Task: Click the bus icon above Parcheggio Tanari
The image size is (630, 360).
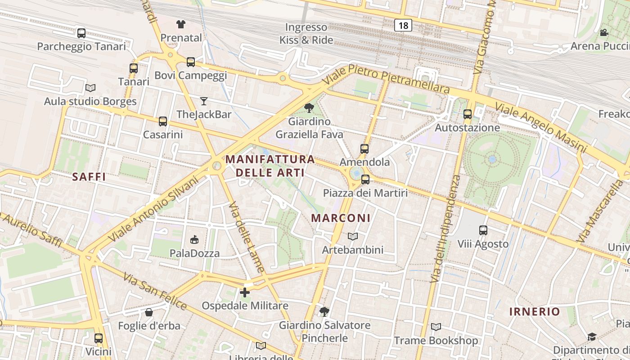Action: pos(81,33)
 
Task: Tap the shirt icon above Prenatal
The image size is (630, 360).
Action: pos(181,24)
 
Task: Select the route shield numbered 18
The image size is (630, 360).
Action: pos(403,25)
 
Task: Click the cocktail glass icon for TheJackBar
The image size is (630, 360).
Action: pos(204,101)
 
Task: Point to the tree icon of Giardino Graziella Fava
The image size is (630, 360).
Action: pos(309,108)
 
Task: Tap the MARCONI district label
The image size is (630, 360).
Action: pos(341,218)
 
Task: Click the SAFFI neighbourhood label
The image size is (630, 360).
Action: pos(89,177)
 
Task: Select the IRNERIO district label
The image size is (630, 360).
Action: pos(535,311)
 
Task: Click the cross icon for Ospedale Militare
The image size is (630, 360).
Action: pos(245,292)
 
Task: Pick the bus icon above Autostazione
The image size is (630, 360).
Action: pos(468,114)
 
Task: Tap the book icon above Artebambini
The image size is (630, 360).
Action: pos(353,236)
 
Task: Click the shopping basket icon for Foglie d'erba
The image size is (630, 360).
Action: pos(149,312)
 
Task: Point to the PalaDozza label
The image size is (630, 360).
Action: pos(194,253)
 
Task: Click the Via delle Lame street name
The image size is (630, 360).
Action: pos(247,237)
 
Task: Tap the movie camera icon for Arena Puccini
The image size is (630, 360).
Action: pos(604,32)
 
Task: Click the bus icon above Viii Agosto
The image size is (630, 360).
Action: pos(483,230)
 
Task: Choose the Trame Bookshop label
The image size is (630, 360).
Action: pos(436,341)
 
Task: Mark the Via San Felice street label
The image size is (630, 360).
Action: pos(154,292)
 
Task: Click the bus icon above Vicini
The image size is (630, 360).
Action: pos(99,338)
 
